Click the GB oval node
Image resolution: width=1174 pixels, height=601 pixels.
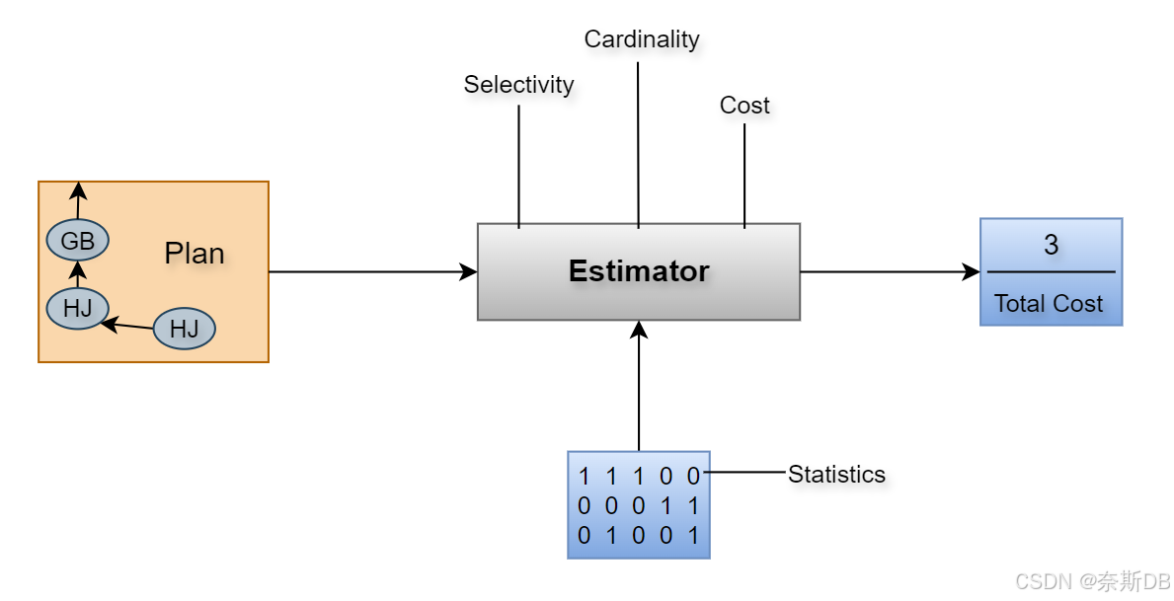(77, 240)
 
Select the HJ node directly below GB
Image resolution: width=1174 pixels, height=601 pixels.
(77, 308)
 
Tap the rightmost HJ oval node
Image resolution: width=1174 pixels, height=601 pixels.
(184, 329)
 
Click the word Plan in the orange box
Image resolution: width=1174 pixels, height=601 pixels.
(194, 254)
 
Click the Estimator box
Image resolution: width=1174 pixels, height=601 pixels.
(638, 271)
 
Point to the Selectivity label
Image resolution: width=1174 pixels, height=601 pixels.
(518, 85)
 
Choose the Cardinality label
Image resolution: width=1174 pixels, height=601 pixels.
(641, 39)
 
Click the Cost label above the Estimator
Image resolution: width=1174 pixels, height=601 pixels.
(744, 106)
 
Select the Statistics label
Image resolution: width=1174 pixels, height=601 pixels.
(836, 475)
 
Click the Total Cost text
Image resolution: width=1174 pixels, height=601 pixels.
(1049, 304)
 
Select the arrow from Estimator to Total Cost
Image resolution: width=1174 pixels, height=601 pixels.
(889, 271)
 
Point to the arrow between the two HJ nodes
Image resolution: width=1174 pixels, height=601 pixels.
(128, 322)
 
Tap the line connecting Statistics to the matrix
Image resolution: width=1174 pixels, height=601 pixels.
(744, 472)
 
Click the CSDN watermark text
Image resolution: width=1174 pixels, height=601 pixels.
(1092, 581)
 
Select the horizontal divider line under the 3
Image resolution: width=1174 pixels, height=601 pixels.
(1051, 271)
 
